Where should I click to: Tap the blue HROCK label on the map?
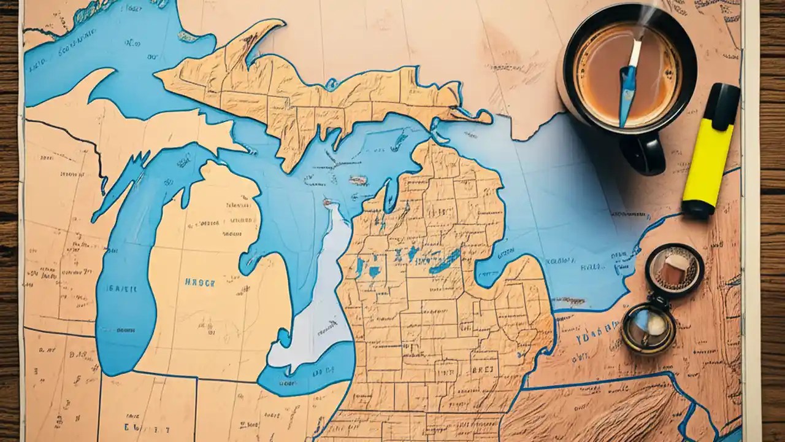(x=200, y=283)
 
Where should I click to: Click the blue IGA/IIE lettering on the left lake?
(x=120, y=288)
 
